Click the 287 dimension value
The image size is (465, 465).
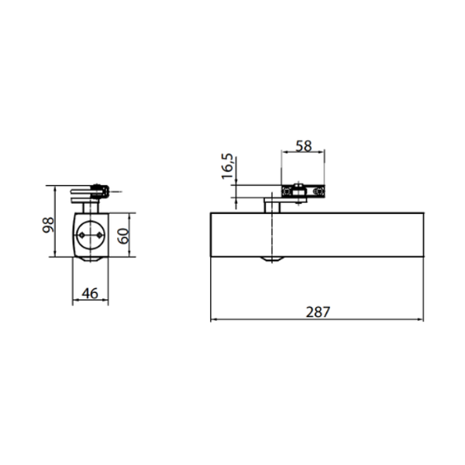point(318,312)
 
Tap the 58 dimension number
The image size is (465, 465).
point(304,146)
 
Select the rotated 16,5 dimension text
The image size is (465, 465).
point(227,166)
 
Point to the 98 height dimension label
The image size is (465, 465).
point(48,225)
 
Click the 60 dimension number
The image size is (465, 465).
point(123,236)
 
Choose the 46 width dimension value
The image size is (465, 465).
point(90,293)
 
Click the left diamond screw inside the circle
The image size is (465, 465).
point(82,235)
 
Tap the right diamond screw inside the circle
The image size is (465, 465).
point(100,235)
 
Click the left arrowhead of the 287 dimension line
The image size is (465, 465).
point(214,319)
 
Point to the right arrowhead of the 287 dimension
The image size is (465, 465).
point(421,319)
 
